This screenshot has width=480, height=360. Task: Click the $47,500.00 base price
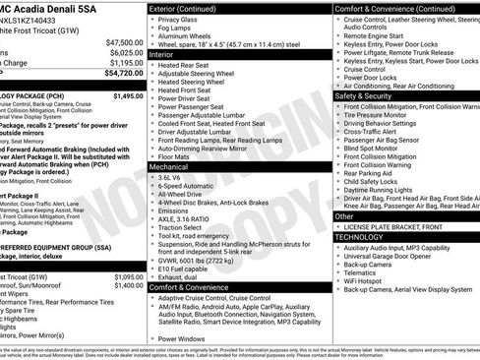(124, 43)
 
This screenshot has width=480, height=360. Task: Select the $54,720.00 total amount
(124, 74)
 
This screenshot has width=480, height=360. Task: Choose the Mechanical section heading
(170, 168)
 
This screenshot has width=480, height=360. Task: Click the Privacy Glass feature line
(178, 20)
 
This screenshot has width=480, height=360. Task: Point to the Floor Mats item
(174, 155)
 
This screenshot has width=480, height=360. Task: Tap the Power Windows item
(184, 338)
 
